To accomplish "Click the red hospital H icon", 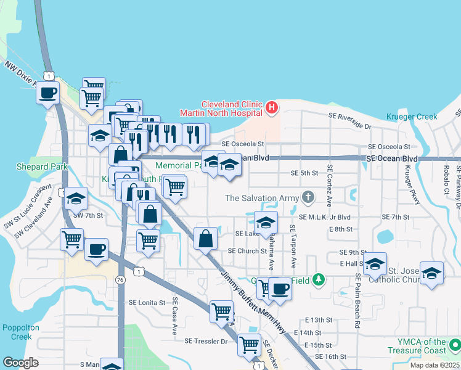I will pyautogui.click(x=272, y=109).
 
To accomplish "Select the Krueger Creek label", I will pyautogui.click(x=412, y=117).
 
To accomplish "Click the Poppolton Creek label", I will pyautogui.click(x=17, y=332).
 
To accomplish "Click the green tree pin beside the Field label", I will pyautogui.click(x=318, y=280).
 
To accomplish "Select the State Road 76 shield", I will pyautogui.click(x=120, y=280).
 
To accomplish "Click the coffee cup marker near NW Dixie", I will pyautogui.click(x=47, y=94).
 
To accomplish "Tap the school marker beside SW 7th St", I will pyautogui.click(x=76, y=199).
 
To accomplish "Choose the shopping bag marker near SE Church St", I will pyautogui.click(x=205, y=239).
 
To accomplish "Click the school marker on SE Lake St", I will pyautogui.click(x=266, y=223).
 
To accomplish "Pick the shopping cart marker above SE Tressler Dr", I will pyautogui.click(x=221, y=311).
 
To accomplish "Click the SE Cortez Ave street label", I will pyautogui.click(x=330, y=186).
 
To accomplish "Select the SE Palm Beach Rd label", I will pyautogui.click(x=357, y=302).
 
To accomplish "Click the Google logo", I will pyautogui.click(x=20, y=363).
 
